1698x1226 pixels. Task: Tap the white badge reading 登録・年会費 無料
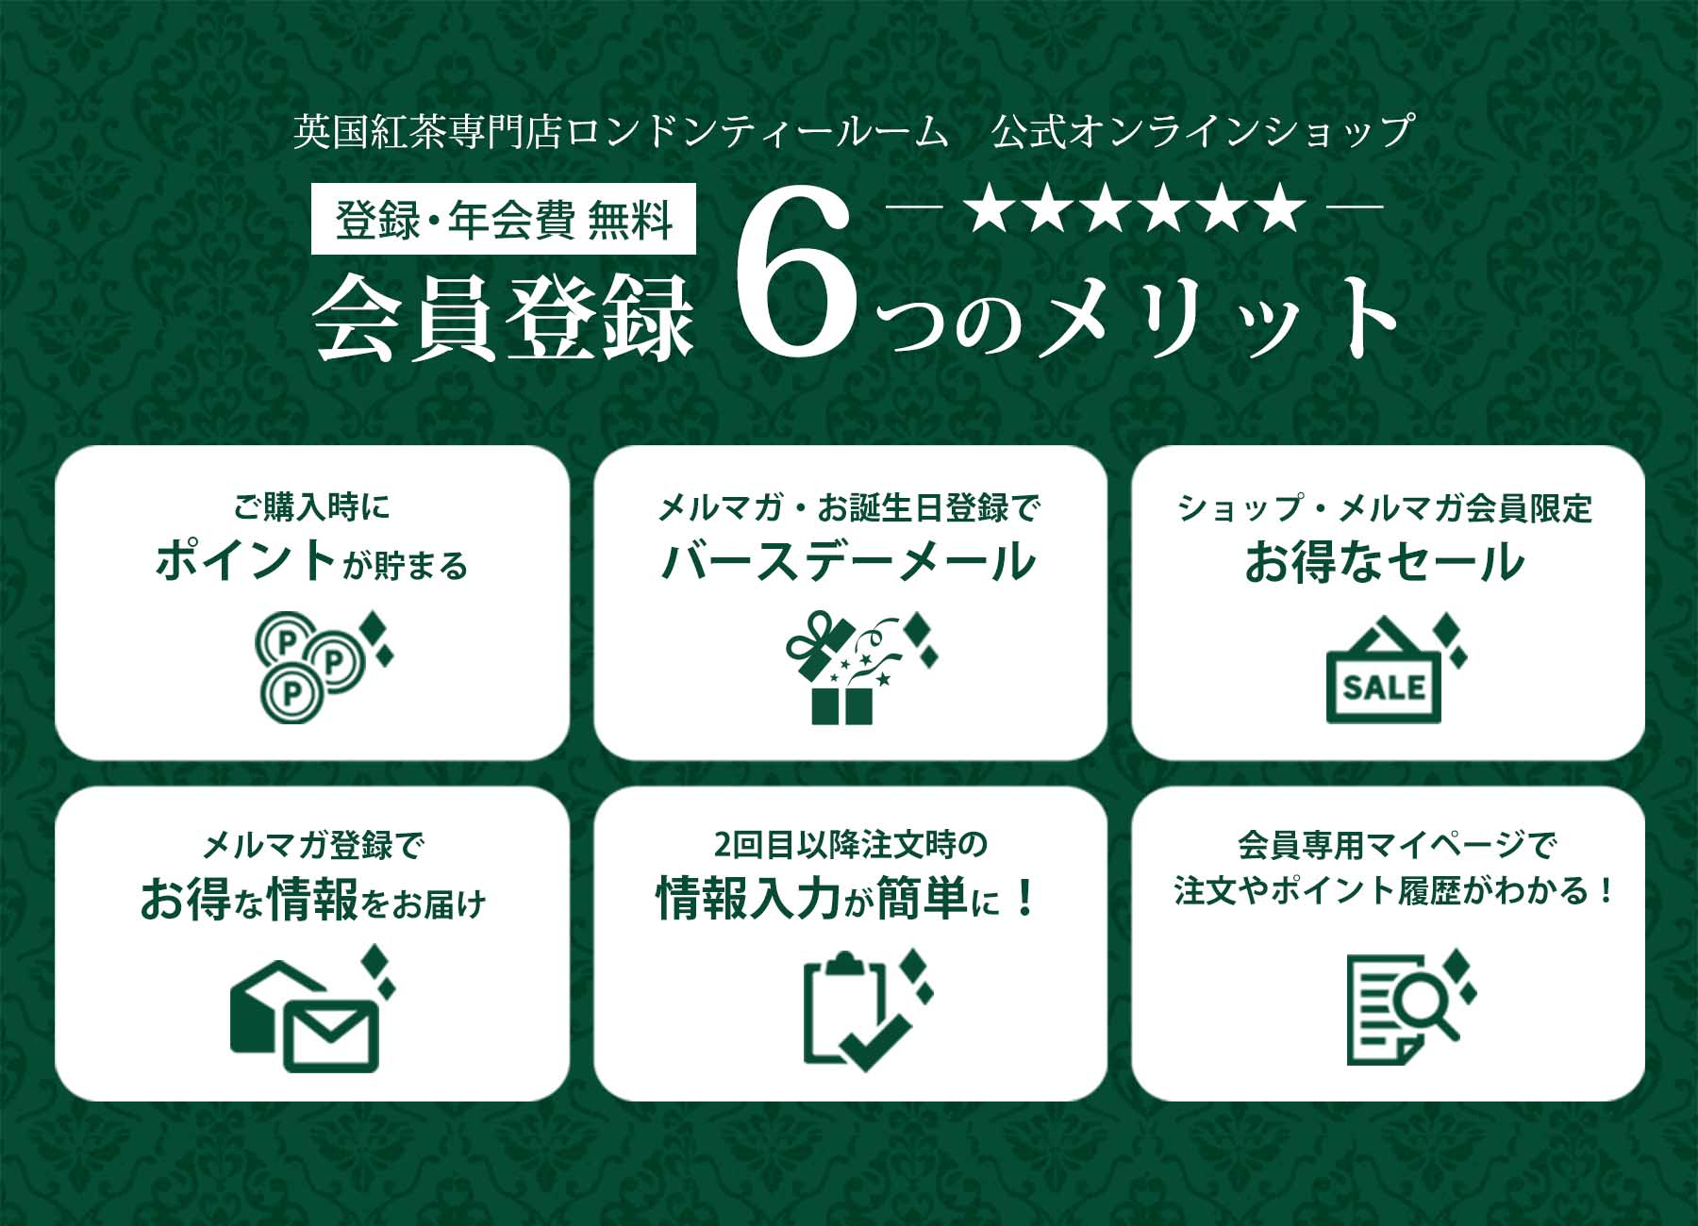coord(504,220)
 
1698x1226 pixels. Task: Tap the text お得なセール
coord(1385,560)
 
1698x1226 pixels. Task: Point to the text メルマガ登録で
coord(312,845)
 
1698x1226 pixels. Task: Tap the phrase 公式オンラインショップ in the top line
coord(1204,131)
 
